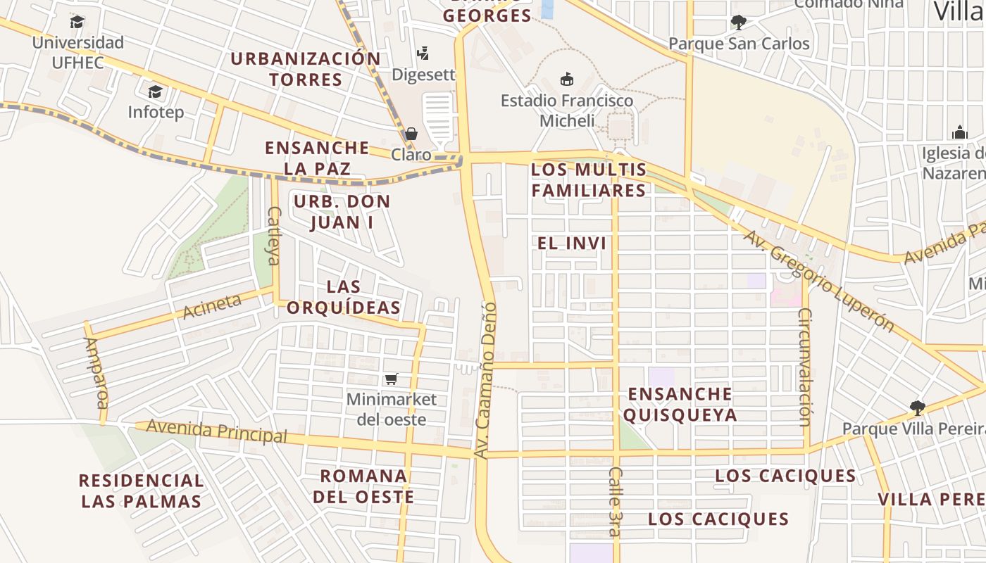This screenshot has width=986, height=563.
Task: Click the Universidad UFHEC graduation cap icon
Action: pyautogui.click(x=77, y=23)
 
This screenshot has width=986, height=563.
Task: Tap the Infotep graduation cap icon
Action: pyautogui.click(x=155, y=91)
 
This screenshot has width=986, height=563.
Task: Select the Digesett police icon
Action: pyautogui.click(x=423, y=53)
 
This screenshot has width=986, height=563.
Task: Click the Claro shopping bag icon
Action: pyautogui.click(x=411, y=134)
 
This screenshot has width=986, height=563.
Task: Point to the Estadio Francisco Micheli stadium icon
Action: pyautogui.click(x=567, y=79)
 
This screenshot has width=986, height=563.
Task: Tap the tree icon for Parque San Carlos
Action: pyautogui.click(x=738, y=23)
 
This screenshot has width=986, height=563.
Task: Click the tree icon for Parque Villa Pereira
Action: pyautogui.click(x=917, y=407)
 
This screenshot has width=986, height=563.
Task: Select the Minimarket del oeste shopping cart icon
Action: pyautogui.click(x=392, y=379)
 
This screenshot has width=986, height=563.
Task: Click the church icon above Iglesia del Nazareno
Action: pyautogui.click(x=959, y=132)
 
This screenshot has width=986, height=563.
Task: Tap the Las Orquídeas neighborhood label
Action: pyautogui.click(x=344, y=297)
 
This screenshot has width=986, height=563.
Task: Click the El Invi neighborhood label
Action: pyautogui.click(x=572, y=243)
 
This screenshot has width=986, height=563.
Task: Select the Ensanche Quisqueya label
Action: pyautogui.click(x=680, y=404)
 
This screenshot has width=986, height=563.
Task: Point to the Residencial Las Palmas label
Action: pyautogui.click(x=141, y=491)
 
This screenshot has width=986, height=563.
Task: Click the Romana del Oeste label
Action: pyautogui.click(x=363, y=486)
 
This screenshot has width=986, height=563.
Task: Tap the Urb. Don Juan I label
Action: pyautogui.click(x=342, y=212)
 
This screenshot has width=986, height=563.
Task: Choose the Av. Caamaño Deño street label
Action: pyautogui.click(x=485, y=380)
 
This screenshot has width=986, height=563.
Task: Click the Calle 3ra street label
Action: pyautogui.click(x=616, y=501)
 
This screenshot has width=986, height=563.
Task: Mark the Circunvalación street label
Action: pyautogui.click(x=805, y=366)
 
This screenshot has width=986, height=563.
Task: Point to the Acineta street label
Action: pyautogui.click(x=211, y=307)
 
